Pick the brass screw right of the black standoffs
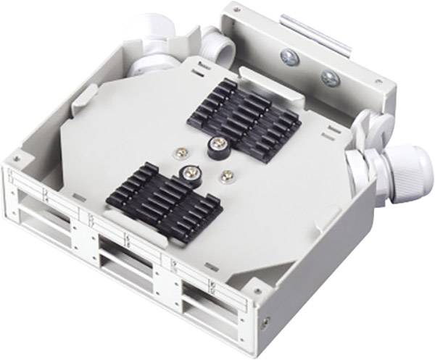[x=228, y=174]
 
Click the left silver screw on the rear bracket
[x=288, y=55]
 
